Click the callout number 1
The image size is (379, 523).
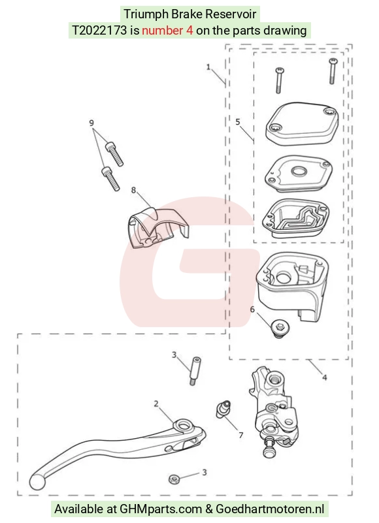coord(208,67)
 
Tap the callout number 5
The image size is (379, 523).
coord(238,121)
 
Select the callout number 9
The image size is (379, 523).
coord(91,123)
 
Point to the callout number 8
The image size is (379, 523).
coord(133,190)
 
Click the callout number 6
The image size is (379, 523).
coord(252,309)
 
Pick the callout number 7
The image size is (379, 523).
coord(240,435)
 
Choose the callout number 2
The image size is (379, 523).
coord(156,404)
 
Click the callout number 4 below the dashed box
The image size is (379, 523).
coord(325,377)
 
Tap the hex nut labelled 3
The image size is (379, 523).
coord(174,480)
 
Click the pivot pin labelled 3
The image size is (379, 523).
coord(195,371)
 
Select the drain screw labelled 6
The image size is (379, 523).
coord(280,328)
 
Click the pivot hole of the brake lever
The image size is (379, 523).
coord(183,426)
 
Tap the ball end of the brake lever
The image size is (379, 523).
coord(37,481)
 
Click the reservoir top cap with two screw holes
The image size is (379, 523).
coord(302,124)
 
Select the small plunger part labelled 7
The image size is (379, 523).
coord(223,409)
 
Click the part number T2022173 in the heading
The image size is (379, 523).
coord(99,31)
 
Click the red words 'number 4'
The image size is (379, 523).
coord(167,31)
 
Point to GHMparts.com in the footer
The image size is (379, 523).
coord(161,509)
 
